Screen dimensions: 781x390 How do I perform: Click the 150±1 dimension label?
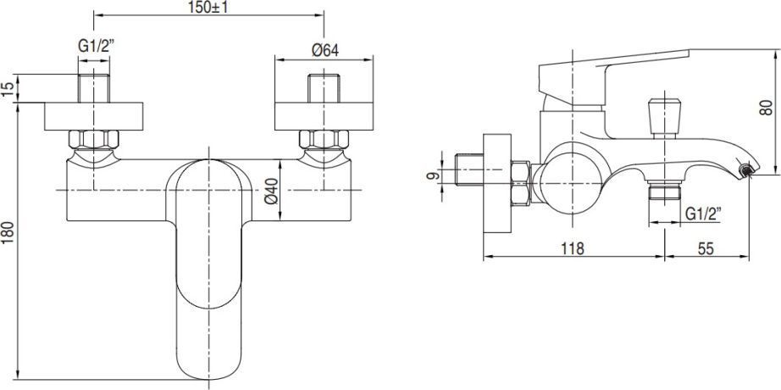[x=208, y=8]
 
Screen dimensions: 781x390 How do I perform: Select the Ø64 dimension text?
[x=324, y=50]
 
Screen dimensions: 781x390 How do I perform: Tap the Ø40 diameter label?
[x=271, y=190]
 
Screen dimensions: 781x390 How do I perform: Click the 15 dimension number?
[x=8, y=89]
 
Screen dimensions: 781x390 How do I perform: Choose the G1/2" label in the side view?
[x=703, y=214]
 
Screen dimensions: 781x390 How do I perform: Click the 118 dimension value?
[x=573, y=249]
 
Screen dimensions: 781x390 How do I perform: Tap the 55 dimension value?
[x=706, y=249]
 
